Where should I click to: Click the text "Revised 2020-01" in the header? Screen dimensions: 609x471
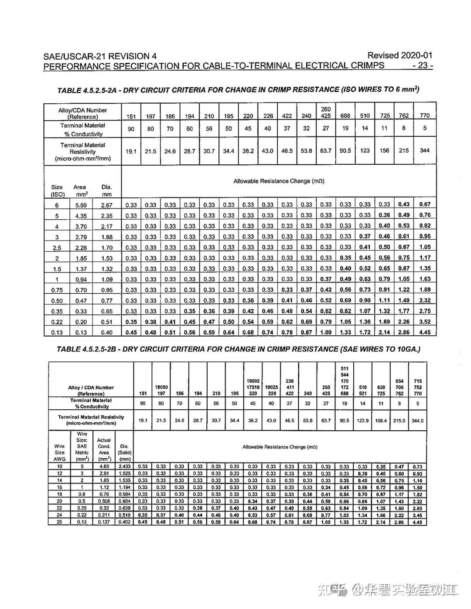399,55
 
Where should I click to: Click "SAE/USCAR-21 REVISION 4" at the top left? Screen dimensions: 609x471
100,56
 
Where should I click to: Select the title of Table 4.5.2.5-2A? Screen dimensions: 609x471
238,90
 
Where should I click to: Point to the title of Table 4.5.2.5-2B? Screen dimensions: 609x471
238,349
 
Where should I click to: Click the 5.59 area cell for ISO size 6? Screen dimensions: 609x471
81,205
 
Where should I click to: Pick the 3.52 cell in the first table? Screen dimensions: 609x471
424,322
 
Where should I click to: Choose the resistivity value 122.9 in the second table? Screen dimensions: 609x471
362,421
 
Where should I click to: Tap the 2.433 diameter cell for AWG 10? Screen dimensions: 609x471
124,467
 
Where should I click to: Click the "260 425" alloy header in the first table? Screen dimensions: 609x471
326,112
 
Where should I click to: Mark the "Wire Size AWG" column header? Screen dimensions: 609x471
59,452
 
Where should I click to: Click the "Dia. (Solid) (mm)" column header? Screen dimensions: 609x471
124,452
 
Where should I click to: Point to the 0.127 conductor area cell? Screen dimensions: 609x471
104,522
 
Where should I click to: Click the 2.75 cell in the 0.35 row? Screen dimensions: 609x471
424,311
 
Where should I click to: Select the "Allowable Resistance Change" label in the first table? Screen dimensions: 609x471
279,181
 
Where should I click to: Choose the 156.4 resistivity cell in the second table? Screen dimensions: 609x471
381,421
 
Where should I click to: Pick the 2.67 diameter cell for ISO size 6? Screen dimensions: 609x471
107,205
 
